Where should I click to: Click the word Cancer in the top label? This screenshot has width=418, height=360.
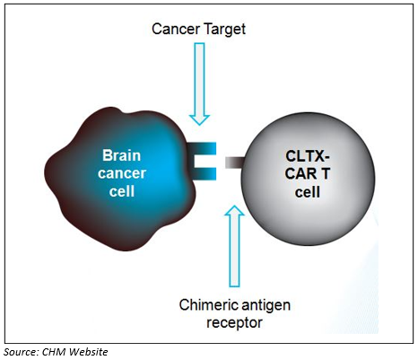click(x=176, y=29)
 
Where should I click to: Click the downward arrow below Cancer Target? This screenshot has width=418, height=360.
click(x=199, y=83)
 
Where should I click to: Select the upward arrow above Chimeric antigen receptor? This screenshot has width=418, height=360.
click(x=234, y=246)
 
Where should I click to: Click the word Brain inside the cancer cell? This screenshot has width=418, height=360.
click(x=121, y=155)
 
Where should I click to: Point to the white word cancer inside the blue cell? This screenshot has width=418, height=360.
click(x=122, y=173)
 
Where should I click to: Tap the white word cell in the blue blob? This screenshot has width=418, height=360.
click(x=122, y=191)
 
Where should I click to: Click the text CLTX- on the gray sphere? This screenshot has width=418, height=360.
click(x=308, y=156)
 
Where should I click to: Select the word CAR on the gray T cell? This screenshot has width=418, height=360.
click(x=299, y=173)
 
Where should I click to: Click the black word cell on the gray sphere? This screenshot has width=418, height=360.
click(x=308, y=192)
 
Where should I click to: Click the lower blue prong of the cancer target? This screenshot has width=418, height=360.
click(x=203, y=174)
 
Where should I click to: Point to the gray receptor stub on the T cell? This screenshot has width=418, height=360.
click(x=235, y=162)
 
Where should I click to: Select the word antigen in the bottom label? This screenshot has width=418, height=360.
click(x=266, y=306)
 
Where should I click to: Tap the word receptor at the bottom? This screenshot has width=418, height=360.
click(x=234, y=323)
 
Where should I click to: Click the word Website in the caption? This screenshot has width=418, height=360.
click(x=89, y=352)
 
